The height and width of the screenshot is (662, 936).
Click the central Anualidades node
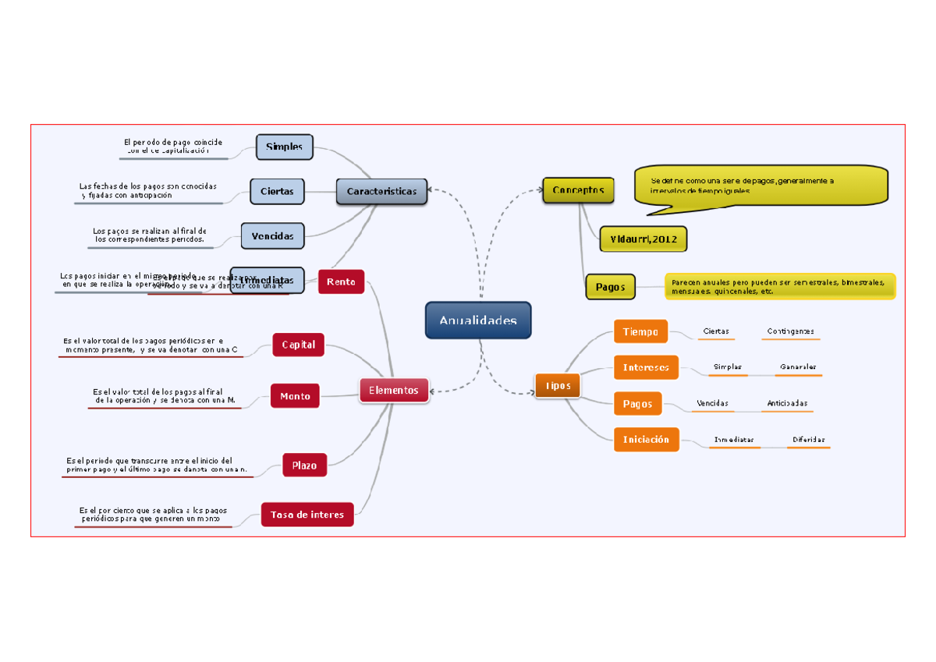[x=478, y=320]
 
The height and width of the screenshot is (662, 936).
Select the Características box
[x=381, y=191]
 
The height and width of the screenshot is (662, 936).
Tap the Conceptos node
[x=578, y=190]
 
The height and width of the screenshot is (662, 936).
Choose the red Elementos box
[x=394, y=390]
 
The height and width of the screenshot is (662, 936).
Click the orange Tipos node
[x=558, y=385]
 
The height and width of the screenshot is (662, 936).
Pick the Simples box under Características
[x=285, y=147]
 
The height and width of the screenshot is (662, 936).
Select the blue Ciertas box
[x=277, y=191]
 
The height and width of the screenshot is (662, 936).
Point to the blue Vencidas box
[x=272, y=235]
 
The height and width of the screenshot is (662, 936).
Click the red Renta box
[x=341, y=281]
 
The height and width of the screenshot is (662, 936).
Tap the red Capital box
[x=298, y=345]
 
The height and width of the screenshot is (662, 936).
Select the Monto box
[x=295, y=396]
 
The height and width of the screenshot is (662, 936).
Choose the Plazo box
[x=304, y=466]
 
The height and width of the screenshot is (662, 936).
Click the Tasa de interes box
[x=307, y=515]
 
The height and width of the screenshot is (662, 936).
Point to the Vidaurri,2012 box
[x=643, y=239]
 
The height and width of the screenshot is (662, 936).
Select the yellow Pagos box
[x=610, y=287]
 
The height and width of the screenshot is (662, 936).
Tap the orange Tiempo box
[x=640, y=331]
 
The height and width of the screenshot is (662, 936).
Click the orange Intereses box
[x=646, y=366]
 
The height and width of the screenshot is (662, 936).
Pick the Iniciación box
[x=646, y=440]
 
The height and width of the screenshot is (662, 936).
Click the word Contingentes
[x=790, y=331]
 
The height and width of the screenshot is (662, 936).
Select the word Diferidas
[x=808, y=440]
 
